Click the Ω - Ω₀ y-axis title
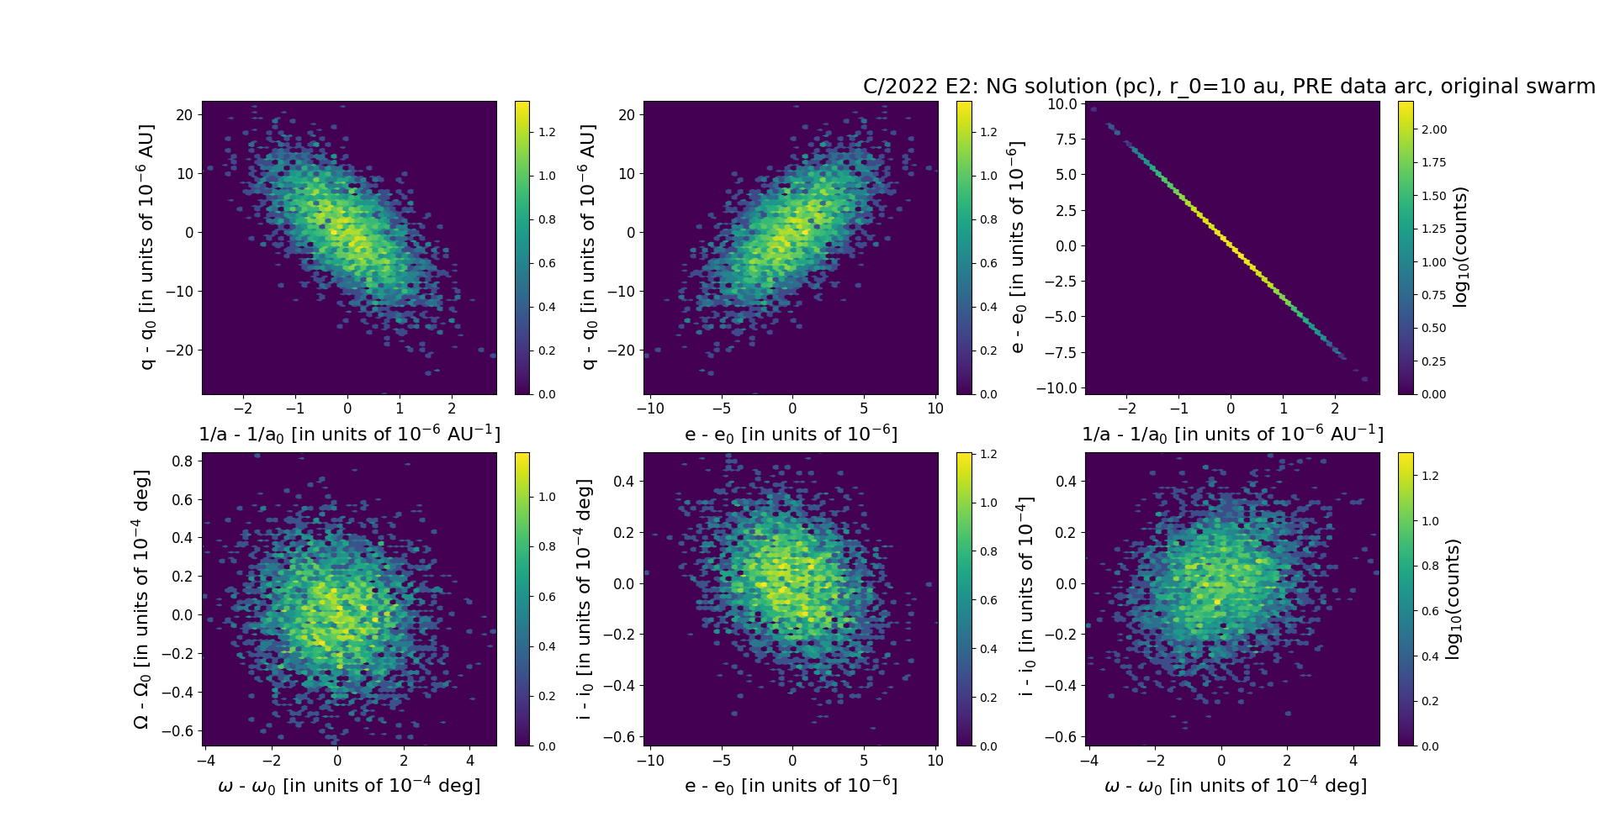[141, 599]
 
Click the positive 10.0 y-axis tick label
[1062, 104]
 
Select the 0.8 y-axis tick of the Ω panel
[183, 461]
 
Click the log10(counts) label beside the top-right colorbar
[1459, 247]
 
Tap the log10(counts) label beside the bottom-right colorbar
[1452, 599]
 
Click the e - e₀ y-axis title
[1017, 247]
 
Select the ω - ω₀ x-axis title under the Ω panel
[349, 786]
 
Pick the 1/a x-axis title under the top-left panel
[349, 435]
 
